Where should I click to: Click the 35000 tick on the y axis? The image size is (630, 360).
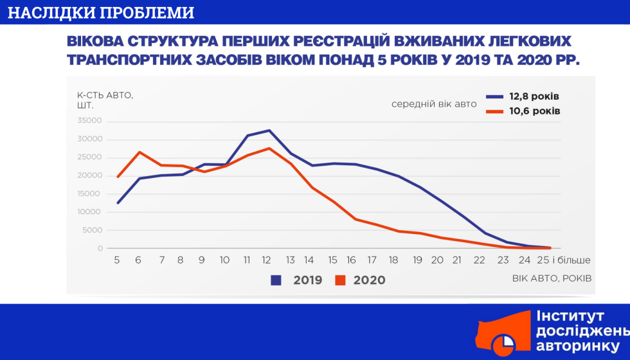(x=89, y=121)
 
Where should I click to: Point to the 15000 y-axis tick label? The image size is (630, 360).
(x=89, y=194)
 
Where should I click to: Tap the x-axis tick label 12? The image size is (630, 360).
(x=266, y=260)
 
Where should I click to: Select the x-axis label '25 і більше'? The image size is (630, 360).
(x=564, y=260)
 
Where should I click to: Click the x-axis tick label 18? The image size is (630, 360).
(x=393, y=260)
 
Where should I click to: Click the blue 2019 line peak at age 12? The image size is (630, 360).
(x=269, y=130)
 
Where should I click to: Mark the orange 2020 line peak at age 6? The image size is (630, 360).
(x=139, y=152)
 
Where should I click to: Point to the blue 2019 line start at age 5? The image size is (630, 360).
(x=117, y=203)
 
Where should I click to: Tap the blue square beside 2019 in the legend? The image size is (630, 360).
(x=276, y=280)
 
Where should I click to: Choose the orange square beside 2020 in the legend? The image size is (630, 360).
(x=340, y=280)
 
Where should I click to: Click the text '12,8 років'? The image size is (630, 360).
(x=534, y=96)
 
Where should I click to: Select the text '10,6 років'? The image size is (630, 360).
(x=534, y=111)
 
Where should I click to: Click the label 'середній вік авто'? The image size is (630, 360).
(x=434, y=104)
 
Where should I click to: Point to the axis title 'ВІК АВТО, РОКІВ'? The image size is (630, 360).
(x=552, y=278)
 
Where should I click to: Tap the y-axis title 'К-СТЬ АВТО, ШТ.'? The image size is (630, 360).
(x=105, y=100)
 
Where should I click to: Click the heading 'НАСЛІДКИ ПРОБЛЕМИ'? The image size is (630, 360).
(x=101, y=12)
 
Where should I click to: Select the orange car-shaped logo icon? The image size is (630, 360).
(x=503, y=334)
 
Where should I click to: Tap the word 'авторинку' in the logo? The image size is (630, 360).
(x=578, y=346)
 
